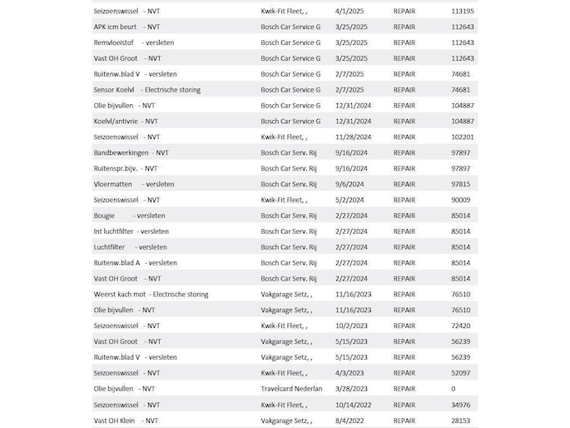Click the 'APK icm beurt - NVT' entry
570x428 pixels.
click(x=127, y=27)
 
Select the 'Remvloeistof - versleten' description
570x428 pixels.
click(x=135, y=42)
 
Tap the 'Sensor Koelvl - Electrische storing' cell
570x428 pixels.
click(x=146, y=90)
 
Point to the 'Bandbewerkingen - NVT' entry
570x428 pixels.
click(x=131, y=152)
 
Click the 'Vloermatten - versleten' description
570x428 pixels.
click(x=134, y=184)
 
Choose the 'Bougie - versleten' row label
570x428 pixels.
click(x=129, y=216)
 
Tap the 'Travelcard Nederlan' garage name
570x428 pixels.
click(x=291, y=389)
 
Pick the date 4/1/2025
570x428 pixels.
click(x=349, y=11)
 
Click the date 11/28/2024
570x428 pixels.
click(x=354, y=137)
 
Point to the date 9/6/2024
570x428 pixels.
click(x=349, y=184)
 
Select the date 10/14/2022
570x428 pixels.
click(x=354, y=405)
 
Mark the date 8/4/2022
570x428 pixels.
click(x=349, y=421)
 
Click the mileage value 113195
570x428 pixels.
click(x=462, y=11)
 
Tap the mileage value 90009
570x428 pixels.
click(x=460, y=200)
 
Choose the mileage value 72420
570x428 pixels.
click(x=460, y=326)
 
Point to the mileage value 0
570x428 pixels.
click(x=454, y=389)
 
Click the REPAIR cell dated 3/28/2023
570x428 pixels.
click(x=404, y=389)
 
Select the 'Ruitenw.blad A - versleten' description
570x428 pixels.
click(x=136, y=263)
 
